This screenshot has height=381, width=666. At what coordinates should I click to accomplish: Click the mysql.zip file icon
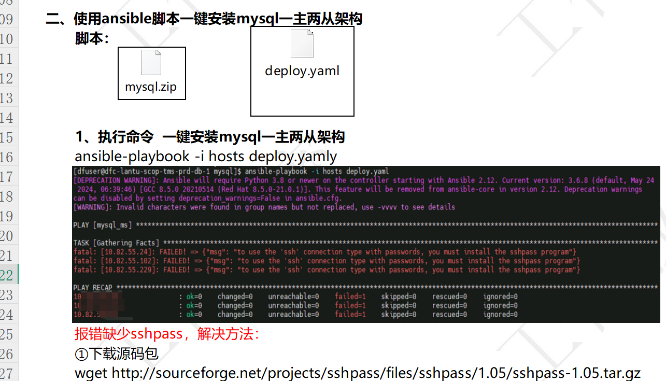click(151, 63)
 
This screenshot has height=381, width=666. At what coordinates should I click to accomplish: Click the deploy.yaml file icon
click(302, 43)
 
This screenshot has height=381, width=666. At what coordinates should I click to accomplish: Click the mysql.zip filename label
click(151, 87)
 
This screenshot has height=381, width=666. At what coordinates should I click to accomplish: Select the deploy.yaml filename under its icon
click(302, 71)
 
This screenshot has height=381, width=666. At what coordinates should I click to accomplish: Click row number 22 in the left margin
click(7, 275)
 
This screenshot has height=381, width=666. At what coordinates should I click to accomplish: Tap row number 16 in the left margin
click(7, 157)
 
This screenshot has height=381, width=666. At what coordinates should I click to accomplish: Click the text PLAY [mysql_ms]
click(103, 225)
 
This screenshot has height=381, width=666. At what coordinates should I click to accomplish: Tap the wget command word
click(91, 373)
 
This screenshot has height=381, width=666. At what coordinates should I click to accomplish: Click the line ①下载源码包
click(117, 354)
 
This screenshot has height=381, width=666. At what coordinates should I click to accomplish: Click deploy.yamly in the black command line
click(293, 156)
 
